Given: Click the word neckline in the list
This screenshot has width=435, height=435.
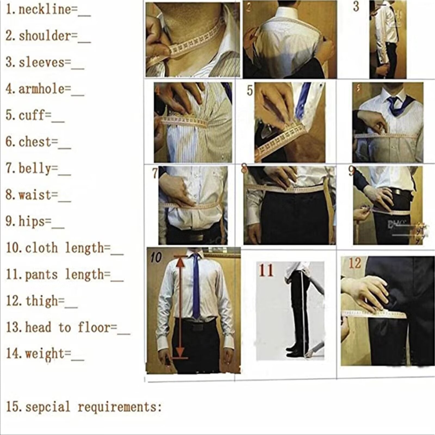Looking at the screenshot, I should coord(45,10).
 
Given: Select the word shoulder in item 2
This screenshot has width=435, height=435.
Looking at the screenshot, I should coord(45,36).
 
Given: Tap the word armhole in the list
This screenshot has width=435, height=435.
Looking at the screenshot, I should coord(41,89).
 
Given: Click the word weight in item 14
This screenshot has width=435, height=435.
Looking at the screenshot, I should coord(45,354).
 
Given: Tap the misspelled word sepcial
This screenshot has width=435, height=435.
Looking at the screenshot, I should coord(48,407).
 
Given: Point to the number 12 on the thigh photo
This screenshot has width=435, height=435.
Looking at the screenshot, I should coord(355,263).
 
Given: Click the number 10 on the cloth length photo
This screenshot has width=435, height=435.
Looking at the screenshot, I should coord(156,257).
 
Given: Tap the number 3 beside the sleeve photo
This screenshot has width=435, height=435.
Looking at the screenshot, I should coord(356,7).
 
